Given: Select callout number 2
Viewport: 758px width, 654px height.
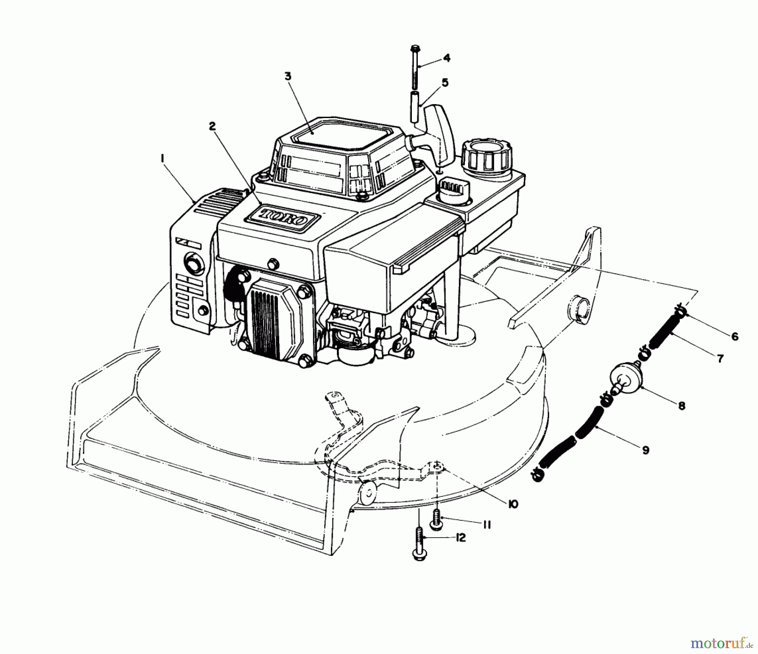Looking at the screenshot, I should [212, 126].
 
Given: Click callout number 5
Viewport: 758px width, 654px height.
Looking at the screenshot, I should [445, 83].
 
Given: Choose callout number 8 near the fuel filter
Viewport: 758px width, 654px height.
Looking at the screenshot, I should [681, 406].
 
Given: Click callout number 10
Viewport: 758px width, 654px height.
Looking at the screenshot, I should [512, 504].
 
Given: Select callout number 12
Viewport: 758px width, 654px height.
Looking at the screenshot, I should [461, 538].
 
